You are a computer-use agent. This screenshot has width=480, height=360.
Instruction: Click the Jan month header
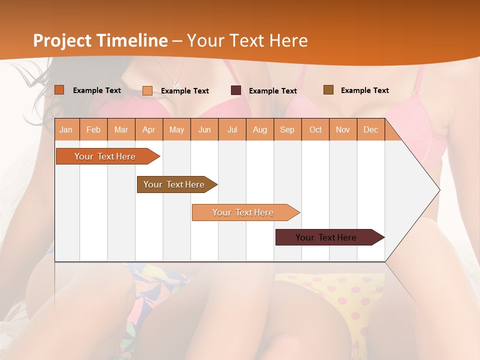(x=66, y=129)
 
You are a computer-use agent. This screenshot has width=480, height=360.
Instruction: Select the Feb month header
(x=93, y=129)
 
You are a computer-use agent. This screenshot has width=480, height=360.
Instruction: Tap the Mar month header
(x=121, y=129)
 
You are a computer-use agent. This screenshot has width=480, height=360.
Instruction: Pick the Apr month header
(x=149, y=129)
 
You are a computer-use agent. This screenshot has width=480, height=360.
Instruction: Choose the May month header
(x=176, y=129)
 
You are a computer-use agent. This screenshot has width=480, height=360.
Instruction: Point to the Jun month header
(x=204, y=129)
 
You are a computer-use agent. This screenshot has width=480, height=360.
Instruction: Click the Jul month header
(x=232, y=129)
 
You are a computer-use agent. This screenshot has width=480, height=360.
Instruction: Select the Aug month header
(x=260, y=129)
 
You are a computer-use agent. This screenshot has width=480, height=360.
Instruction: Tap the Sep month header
(x=287, y=129)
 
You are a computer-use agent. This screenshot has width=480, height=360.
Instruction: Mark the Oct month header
(x=315, y=129)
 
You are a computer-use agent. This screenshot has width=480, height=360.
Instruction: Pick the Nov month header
(x=343, y=129)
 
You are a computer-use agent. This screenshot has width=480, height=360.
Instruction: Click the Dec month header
(x=371, y=129)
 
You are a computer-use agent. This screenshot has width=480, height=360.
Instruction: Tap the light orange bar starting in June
(x=243, y=212)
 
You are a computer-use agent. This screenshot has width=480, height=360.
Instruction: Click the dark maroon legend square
(x=236, y=90)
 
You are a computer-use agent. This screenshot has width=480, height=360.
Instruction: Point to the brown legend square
(x=328, y=90)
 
